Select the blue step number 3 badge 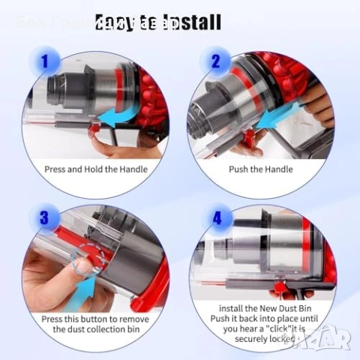(x=46, y=219)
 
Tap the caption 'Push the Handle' (x=260, y=169)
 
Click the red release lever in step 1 (x=96, y=132)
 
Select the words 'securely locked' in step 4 (x=261, y=339)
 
